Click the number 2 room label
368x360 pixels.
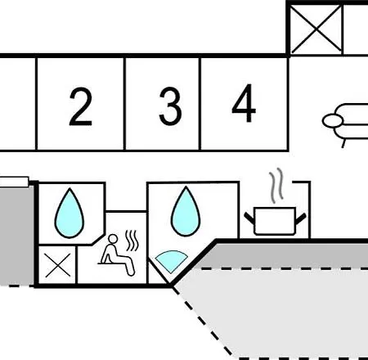(x=80, y=106)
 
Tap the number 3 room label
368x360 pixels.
(x=170, y=106)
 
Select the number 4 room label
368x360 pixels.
(x=244, y=103)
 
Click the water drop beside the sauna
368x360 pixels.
(x=70, y=213)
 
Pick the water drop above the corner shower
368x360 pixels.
(x=186, y=211)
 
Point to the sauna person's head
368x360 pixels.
(x=113, y=239)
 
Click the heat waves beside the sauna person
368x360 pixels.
(x=132, y=241)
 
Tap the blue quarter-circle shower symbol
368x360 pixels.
(x=171, y=260)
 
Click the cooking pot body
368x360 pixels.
(x=275, y=221)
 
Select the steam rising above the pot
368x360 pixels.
(x=276, y=186)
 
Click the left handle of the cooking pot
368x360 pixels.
(x=249, y=218)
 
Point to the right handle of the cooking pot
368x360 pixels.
(x=301, y=219)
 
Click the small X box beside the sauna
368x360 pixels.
(x=57, y=265)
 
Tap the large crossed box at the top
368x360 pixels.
(x=316, y=29)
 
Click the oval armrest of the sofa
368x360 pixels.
(x=333, y=121)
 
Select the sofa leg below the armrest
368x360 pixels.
(x=344, y=143)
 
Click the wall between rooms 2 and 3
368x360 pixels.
(x=124, y=104)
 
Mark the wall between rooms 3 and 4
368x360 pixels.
(x=200, y=104)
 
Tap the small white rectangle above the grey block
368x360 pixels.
(x=14, y=182)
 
